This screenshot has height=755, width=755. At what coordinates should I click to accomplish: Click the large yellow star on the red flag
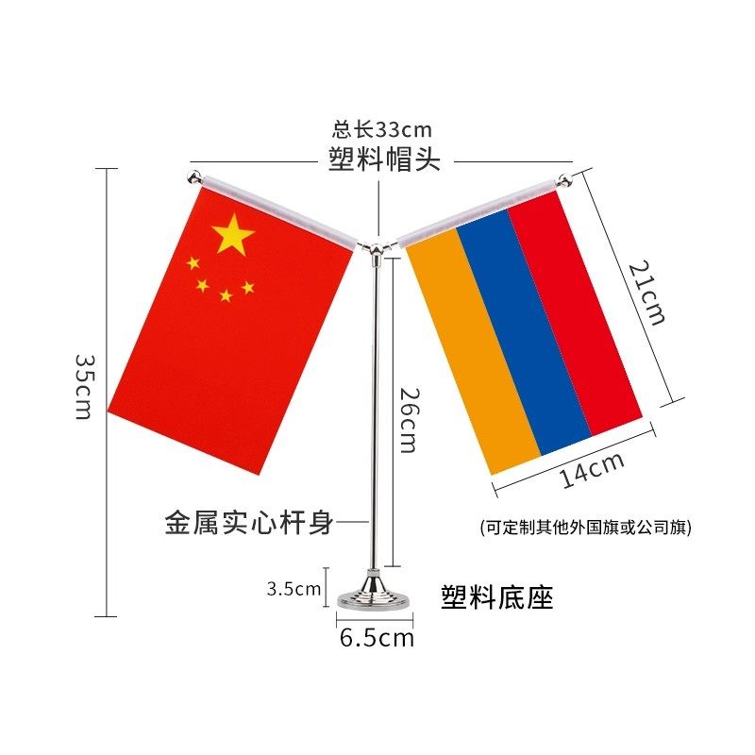pyautogui.click(x=233, y=235)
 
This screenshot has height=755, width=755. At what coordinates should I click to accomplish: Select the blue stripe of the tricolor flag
pyautogui.click(x=524, y=330)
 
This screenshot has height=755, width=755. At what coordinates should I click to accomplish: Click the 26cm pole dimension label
pyautogui.click(x=407, y=420)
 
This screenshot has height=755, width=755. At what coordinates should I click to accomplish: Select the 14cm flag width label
pyautogui.click(x=592, y=470)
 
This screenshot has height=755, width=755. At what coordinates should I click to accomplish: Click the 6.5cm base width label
pyautogui.click(x=377, y=638)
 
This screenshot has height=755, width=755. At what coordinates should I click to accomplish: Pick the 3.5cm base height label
pyautogui.click(x=294, y=589)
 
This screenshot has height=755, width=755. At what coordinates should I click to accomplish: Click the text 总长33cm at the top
pyautogui.click(x=381, y=130)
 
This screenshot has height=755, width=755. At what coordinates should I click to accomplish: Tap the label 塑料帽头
pyautogui.click(x=385, y=159)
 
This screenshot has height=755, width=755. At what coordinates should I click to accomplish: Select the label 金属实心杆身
pyautogui.click(x=249, y=522)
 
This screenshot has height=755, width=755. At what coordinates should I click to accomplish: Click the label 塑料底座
pyautogui.click(x=497, y=596)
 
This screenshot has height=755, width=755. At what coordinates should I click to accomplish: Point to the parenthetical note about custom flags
pyautogui.click(x=585, y=528)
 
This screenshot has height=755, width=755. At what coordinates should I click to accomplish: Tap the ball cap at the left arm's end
pyautogui.click(x=194, y=177)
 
